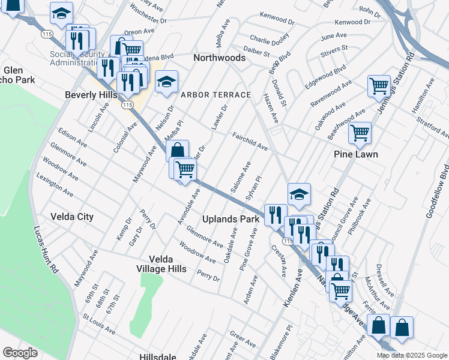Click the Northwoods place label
pyautogui.click(x=219, y=58)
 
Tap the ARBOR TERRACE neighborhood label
pyautogui.click(x=215, y=95)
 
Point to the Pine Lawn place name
pyautogui.click(x=356, y=154)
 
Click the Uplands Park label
pyautogui.click(x=231, y=219)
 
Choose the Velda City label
pyautogui.click(x=72, y=217)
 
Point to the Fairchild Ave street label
pyautogui.click(x=250, y=142)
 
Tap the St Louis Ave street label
pyautogui.click(x=99, y=322)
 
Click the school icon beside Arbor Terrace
pyautogui.click(x=166, y=83)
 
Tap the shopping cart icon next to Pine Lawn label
pyautogui.click(x=360, y=133)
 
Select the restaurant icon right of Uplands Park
pyautogui.click(x=276, y=214)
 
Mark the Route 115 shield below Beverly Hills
pyautogui.click(x=127, y=105)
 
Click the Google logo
pyautogui.click(x=20, y=353)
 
